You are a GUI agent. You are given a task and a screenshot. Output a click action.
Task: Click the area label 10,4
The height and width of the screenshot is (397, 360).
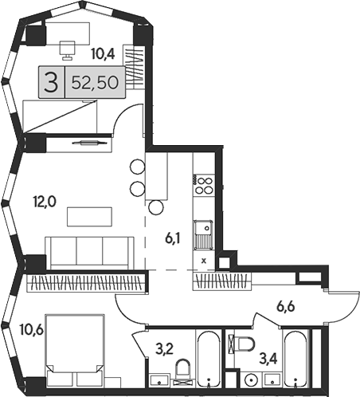click(x=103, y=54)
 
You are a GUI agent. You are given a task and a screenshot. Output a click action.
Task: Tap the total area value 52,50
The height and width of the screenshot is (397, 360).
click(x=95, y=82)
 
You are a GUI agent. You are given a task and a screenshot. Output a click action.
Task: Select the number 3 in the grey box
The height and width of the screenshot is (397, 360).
click(x=51, y=83)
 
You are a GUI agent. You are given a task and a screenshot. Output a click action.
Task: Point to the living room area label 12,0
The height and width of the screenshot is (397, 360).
click(x=45, y=202)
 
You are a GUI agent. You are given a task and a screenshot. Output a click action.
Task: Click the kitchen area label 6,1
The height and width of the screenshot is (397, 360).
click(x=173, y=238)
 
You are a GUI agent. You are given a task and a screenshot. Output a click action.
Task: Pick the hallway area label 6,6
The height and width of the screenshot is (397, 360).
click(x=286, y=307)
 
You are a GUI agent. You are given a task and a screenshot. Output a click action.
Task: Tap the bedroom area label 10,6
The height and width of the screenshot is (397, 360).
click(x=32, y=330)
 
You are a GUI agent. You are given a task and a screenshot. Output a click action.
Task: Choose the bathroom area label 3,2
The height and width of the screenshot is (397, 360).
click(x=164, y=349)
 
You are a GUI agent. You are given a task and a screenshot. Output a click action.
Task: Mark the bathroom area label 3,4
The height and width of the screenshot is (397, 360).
click(x=268, y=359)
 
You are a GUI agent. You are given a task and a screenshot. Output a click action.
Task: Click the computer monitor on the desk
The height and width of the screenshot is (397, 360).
click(x=67, y=50)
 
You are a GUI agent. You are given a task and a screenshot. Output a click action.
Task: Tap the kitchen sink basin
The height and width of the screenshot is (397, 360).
click(x=203, y=228)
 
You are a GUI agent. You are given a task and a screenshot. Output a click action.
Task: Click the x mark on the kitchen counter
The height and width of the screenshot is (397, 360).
click(x=204, y=261)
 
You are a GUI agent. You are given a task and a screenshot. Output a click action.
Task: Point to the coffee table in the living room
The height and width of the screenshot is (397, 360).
click(x=89, y=217)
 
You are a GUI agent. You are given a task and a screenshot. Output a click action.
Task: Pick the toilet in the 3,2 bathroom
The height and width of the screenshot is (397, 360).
click(x=183, y=370)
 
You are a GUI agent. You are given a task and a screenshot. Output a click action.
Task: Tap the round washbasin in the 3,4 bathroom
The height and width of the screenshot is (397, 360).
click(x=250, y=380)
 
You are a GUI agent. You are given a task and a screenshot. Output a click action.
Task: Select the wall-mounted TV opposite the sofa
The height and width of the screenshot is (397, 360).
click(x=89, y=143)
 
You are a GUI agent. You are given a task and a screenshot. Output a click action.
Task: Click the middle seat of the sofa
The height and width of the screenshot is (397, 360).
click(x=89, y=251)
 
